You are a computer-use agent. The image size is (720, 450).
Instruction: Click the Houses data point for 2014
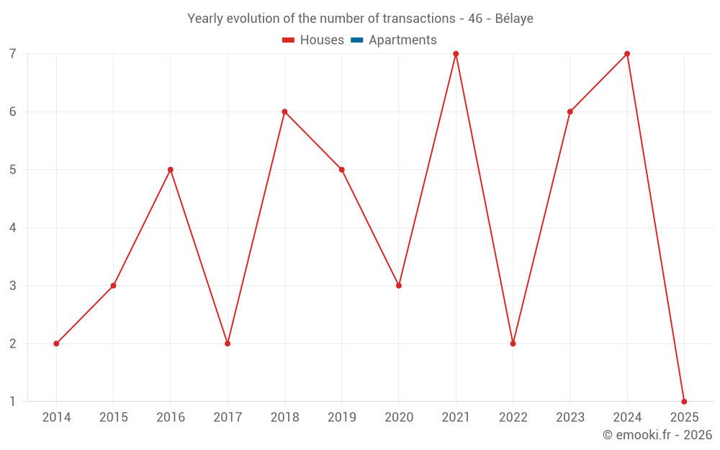coord(56,343)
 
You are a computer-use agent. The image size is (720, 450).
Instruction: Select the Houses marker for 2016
coord(171,170)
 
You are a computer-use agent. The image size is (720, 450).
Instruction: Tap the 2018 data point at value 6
coord(284,112)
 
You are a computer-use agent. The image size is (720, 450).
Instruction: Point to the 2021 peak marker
coord(456,54)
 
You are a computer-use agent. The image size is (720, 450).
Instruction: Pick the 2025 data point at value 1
coord(684,402)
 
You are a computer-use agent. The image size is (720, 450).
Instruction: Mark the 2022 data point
coord(513,343)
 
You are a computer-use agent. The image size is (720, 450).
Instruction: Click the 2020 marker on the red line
coord(399,286)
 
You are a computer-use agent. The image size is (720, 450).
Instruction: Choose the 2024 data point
coord(627,54)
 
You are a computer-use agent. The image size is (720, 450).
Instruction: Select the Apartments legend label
coord(402,40)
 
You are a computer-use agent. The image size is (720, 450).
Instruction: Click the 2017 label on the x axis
coord(228,418)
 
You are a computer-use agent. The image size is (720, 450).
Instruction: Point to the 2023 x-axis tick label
coord(570,418)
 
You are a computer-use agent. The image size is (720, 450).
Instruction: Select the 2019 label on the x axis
coord(341,418)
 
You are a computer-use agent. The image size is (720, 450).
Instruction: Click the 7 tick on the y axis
coord(13,54)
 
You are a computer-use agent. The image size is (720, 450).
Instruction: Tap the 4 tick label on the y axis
coord(13,228)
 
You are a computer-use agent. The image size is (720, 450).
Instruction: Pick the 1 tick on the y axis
coord(13,402)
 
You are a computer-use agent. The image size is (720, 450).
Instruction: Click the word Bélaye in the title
coord(514,19)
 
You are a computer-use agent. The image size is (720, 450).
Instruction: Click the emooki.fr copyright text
coord(657,435)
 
